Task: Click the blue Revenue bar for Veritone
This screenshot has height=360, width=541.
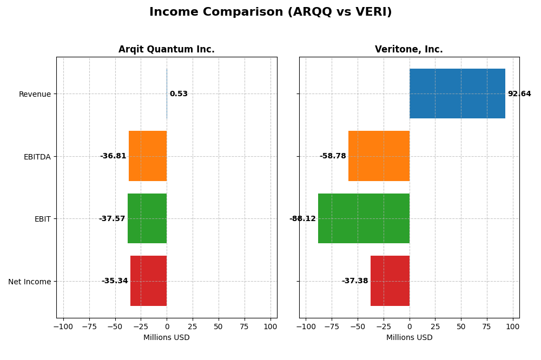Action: coord(457,94)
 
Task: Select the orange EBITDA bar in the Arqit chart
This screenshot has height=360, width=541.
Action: coord(148,156)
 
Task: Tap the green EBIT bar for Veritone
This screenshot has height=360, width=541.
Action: coord(364,218)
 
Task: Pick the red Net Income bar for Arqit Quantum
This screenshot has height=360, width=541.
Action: coord(148,281)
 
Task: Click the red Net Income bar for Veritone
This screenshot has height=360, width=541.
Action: coord(390,281)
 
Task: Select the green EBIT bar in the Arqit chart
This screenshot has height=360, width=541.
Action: coord(147,218)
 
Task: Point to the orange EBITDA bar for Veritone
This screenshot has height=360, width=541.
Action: coord(379,156)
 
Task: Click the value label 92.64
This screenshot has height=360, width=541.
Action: coord(519,94)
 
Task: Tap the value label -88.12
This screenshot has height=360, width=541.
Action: coord(302,219)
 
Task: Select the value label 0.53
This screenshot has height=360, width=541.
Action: coord(179,94)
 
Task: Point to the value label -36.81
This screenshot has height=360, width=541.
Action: coord(113,156)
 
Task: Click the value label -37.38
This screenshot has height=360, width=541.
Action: coord(355,281)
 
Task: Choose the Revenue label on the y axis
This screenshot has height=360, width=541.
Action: coord(35,95)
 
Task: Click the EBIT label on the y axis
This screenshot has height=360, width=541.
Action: coord(42,219)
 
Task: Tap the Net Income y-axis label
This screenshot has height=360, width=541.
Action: coord(30,282)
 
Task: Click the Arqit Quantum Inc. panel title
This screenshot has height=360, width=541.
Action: coord(167,50)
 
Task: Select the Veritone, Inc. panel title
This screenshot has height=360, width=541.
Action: coord(409,50)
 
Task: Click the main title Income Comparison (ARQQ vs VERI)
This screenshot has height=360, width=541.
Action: coord(270,12)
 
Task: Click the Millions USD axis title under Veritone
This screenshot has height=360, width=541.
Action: coord(409,338)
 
